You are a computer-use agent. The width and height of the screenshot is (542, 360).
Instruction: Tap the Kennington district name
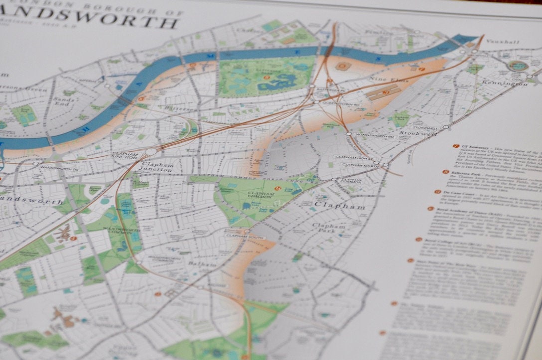point(510,83)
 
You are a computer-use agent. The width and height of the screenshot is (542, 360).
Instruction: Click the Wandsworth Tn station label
point(59,168)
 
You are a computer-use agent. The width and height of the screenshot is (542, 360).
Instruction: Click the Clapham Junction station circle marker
point(151,151)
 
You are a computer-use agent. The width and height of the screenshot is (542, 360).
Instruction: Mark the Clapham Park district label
point(329,228)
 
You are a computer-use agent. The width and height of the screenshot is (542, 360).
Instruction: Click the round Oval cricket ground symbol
point(519,65)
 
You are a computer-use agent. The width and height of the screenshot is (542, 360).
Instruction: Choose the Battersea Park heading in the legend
point(469,172)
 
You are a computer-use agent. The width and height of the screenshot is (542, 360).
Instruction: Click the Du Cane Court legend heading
point(458,191)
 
